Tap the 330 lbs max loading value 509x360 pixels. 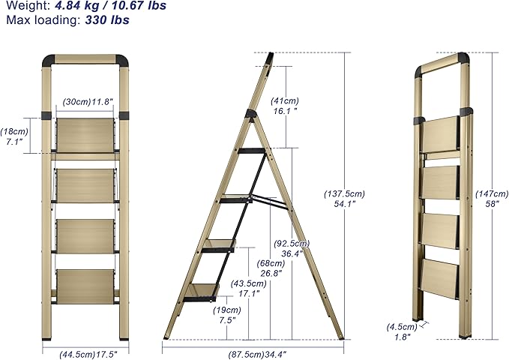[109, 19]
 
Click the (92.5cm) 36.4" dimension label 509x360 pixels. [292, 248]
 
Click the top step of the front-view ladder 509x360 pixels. [85, 134]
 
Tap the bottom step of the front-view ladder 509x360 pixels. [85, 286]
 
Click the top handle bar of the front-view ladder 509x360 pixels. [84, 59]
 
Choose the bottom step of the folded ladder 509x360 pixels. [439, 278]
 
